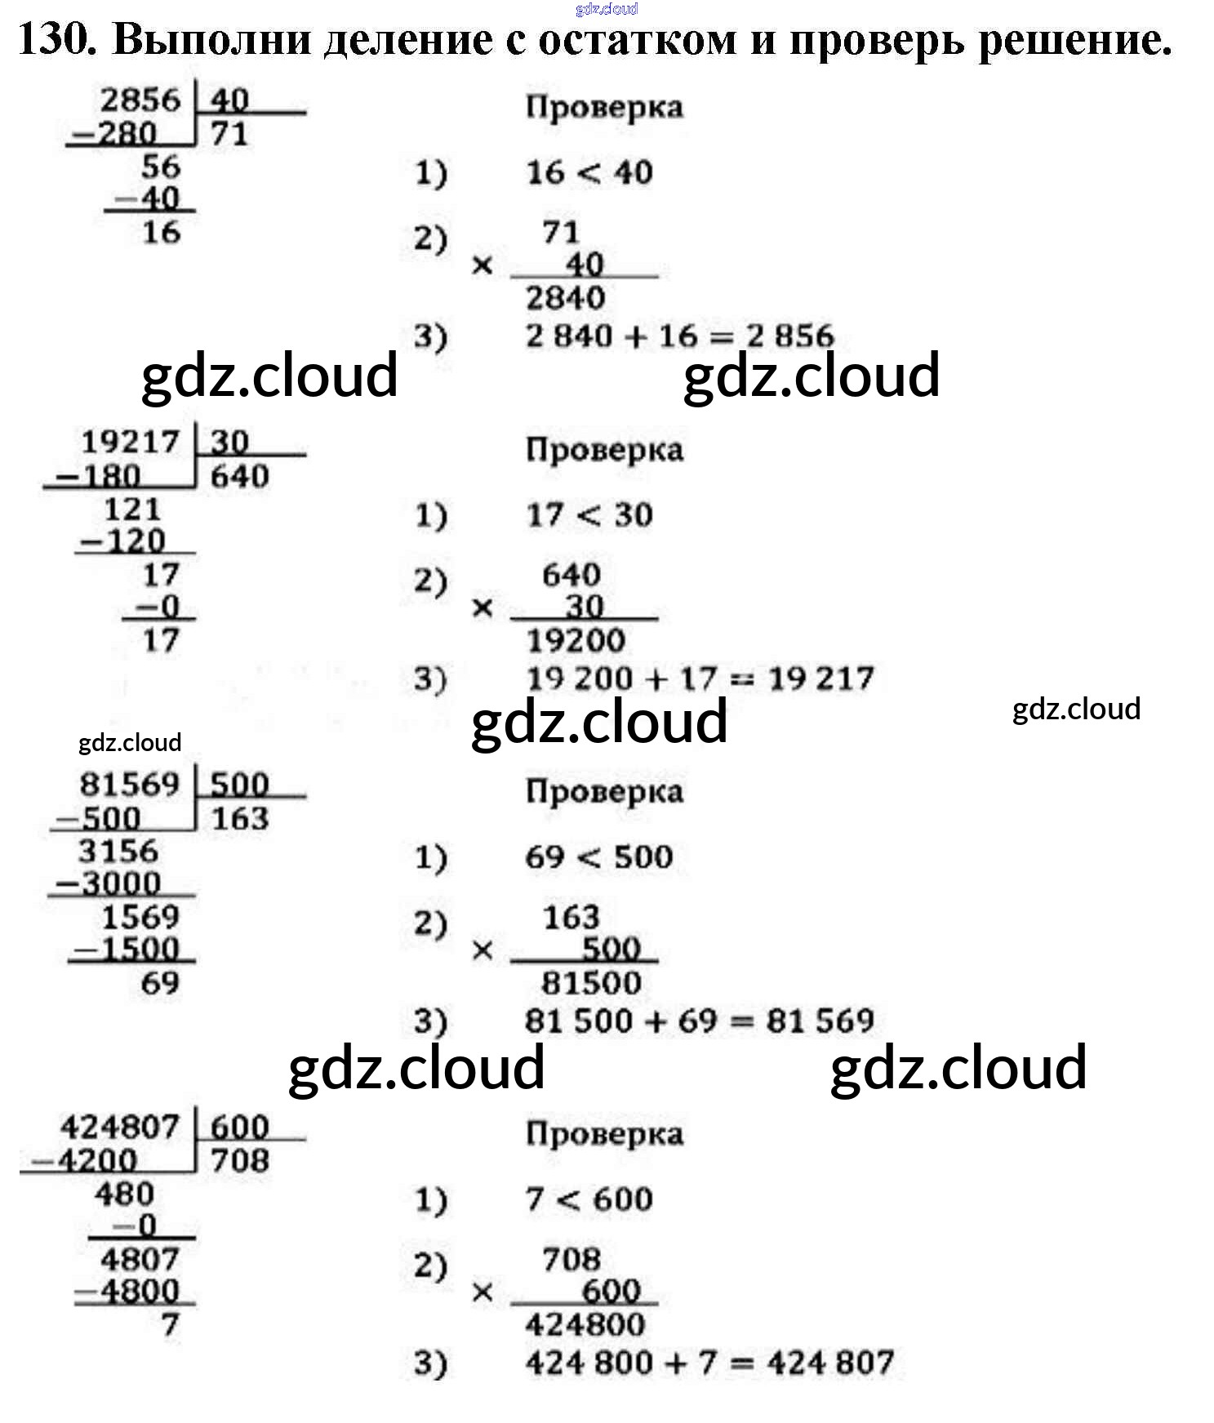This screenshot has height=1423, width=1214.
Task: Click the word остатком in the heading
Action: (637, 40)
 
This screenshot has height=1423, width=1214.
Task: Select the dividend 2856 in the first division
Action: (140, 100)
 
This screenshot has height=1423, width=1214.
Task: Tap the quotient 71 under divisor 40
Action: (229, 134)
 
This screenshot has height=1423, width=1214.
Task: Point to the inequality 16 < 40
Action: (589, 173)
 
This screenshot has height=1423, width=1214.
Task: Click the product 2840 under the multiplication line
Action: (565, 298)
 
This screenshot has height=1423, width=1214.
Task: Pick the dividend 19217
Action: (130, 442)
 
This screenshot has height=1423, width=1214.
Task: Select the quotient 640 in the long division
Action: (239, 477)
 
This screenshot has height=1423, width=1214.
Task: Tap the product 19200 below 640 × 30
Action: (576, 641)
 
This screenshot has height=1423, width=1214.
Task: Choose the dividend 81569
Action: (129, 785)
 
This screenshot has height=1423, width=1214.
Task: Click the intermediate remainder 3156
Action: (118, 852)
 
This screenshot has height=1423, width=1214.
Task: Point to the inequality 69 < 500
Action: (599, 857)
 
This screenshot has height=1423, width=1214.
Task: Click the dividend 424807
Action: (119, 1127)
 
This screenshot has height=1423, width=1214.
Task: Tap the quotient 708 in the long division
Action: (239, 1161)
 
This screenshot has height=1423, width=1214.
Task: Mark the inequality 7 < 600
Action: (589, 1200)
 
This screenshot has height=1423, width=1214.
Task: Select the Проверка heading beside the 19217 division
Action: (604, 450)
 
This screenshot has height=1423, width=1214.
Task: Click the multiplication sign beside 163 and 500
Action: (482, 950)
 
